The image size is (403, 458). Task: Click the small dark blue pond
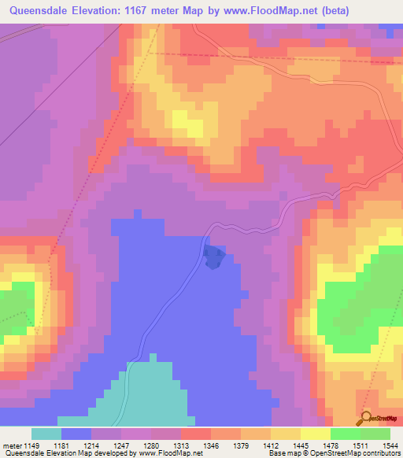[x=213, y=257]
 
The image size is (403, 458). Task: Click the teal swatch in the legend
[x=46, y=434]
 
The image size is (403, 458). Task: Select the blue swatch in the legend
[x=76, y=434]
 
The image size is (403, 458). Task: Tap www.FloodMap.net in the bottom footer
[x=170, y=453]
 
